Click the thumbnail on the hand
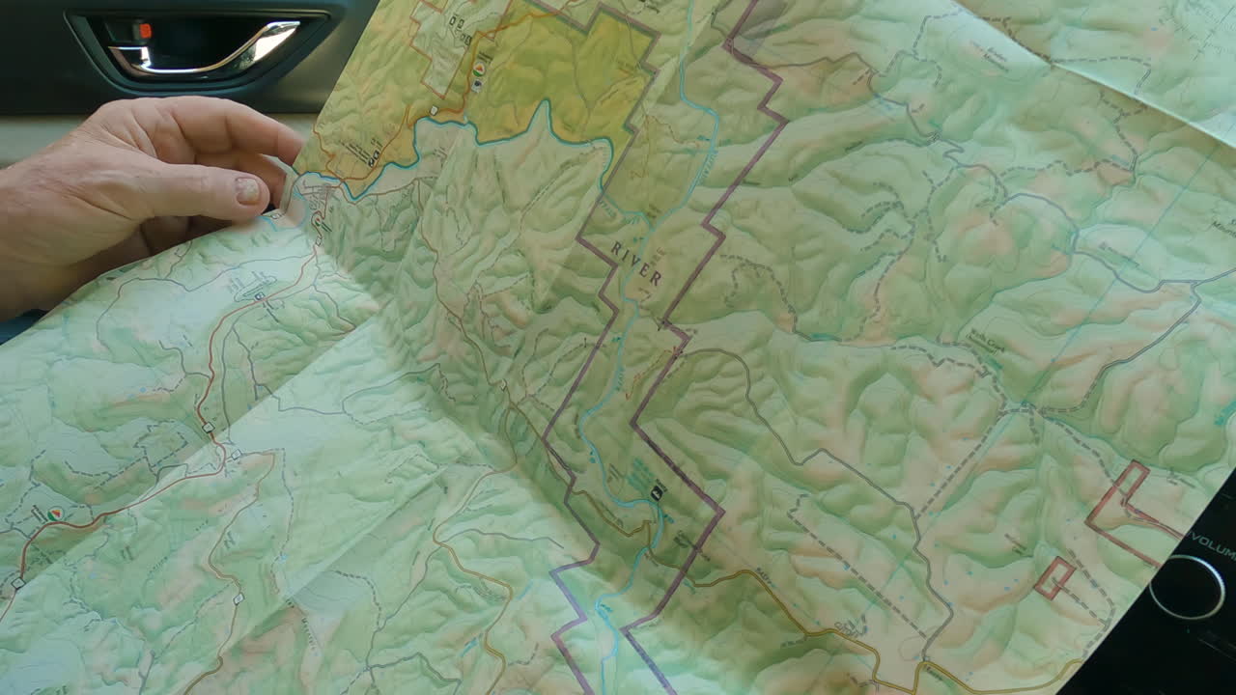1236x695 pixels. (x=248, y=189)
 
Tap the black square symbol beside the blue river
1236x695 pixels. (x=658, y=492)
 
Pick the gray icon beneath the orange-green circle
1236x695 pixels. (x=477, y=86)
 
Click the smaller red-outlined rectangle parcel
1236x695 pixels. (x=1053, y=577)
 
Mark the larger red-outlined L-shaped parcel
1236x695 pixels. (x=1125, y=507)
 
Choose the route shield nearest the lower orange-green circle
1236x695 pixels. (x=17, y=583)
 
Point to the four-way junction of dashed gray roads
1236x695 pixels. (x=1025, y=410)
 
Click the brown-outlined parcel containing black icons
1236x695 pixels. (x=449, y=39)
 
